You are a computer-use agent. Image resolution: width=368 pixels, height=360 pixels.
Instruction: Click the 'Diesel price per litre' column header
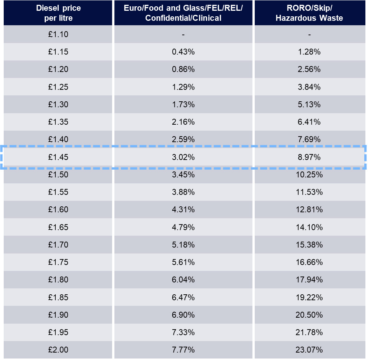pos(58,13)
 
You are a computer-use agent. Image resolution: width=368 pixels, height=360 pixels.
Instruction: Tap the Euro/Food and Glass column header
pos(183,13)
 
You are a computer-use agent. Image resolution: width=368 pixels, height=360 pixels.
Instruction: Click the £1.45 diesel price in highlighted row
pos(58,157)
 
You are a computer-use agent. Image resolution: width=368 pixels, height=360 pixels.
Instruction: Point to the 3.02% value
pos(183,157)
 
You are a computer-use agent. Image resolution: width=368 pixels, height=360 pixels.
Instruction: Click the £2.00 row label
pos(58,350)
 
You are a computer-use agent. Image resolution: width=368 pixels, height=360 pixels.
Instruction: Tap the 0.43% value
pos(183,52)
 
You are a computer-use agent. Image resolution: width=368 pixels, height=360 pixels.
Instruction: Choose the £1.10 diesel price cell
pos(58,35)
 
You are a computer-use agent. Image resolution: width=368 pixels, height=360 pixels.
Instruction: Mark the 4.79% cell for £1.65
pos(183,227)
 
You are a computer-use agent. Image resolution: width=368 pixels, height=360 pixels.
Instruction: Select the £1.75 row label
pos(58,262)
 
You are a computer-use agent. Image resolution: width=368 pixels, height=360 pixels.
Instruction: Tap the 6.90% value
pos(183,315)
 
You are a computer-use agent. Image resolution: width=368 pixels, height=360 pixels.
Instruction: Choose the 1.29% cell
pos(183,87)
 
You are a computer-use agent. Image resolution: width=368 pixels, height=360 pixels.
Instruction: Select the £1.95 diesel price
pos(58,332)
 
